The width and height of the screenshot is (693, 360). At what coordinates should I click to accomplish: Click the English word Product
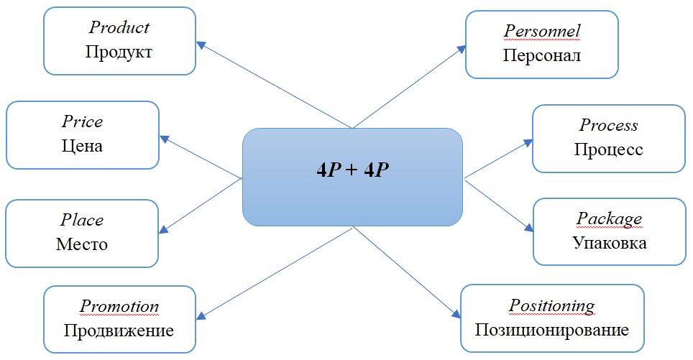(x=119, y=27)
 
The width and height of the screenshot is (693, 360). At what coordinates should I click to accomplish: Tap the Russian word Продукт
(x=119, y=52)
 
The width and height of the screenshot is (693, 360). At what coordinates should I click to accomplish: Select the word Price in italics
(x=82, y=121)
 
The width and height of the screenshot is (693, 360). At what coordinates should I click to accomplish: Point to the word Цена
(x=82, y=146)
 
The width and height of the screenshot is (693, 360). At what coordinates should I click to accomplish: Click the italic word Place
(x=82, y=220)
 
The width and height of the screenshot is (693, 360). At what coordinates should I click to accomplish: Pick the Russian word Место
(x=82, y=244)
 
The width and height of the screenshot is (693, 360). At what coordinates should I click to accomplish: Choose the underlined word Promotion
(x=119, y=306)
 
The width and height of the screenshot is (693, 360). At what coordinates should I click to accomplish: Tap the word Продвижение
(x=119, y=331)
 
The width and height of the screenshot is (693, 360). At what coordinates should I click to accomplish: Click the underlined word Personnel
(x=541, y=31)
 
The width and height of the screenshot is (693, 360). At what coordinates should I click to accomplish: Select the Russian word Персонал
(x=541, y=55)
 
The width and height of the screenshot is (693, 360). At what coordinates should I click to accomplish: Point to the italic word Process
(x=608, y=125)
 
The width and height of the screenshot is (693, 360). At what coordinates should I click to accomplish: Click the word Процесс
(x=608, y=149)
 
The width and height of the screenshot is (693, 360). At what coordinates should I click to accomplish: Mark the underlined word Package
(x=609, y=218)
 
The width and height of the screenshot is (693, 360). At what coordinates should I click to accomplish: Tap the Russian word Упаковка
(x=609, y=243)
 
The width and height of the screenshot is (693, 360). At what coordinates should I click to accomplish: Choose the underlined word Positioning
(x=551, y=305)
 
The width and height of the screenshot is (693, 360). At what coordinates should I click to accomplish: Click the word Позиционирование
(x=551, y=330)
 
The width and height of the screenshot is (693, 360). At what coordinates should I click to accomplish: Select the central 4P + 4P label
(x=352, y=170)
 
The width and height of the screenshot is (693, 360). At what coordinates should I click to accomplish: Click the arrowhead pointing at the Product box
(x=202, y=45)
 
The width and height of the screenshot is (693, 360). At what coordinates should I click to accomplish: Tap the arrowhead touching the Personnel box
(x=462, y=48)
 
